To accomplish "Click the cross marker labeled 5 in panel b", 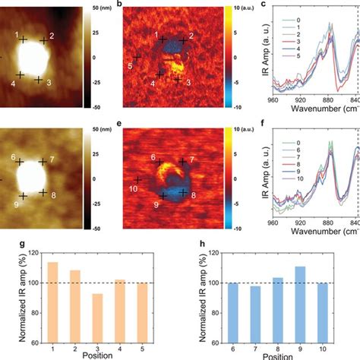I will point(137,57).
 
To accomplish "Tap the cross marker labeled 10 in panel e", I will point(137,178).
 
